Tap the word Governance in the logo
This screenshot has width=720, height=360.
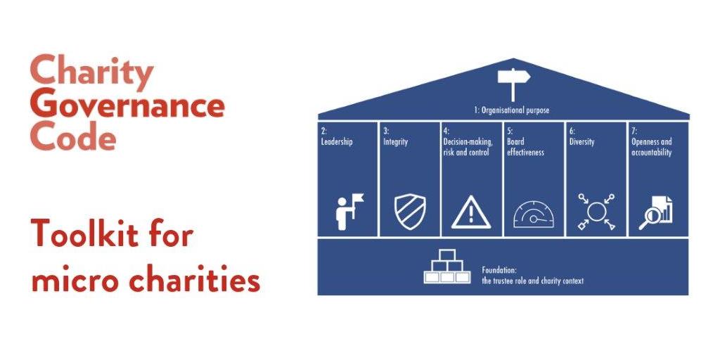(128, 105)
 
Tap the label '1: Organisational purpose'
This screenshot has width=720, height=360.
(510, 110)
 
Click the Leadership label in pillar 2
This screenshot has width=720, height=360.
(337, 142)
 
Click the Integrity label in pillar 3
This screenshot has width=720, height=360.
(396, 142)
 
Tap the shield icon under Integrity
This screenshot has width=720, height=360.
(409, 211)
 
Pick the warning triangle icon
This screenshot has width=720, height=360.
(471, 212)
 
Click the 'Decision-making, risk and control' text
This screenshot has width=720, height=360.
(468, 147)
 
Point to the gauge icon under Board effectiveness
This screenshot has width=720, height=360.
(534, 213)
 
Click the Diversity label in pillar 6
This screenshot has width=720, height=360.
(581, 142)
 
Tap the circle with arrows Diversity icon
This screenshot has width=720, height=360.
(596, 212)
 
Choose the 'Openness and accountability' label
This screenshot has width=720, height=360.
(651, 147)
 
